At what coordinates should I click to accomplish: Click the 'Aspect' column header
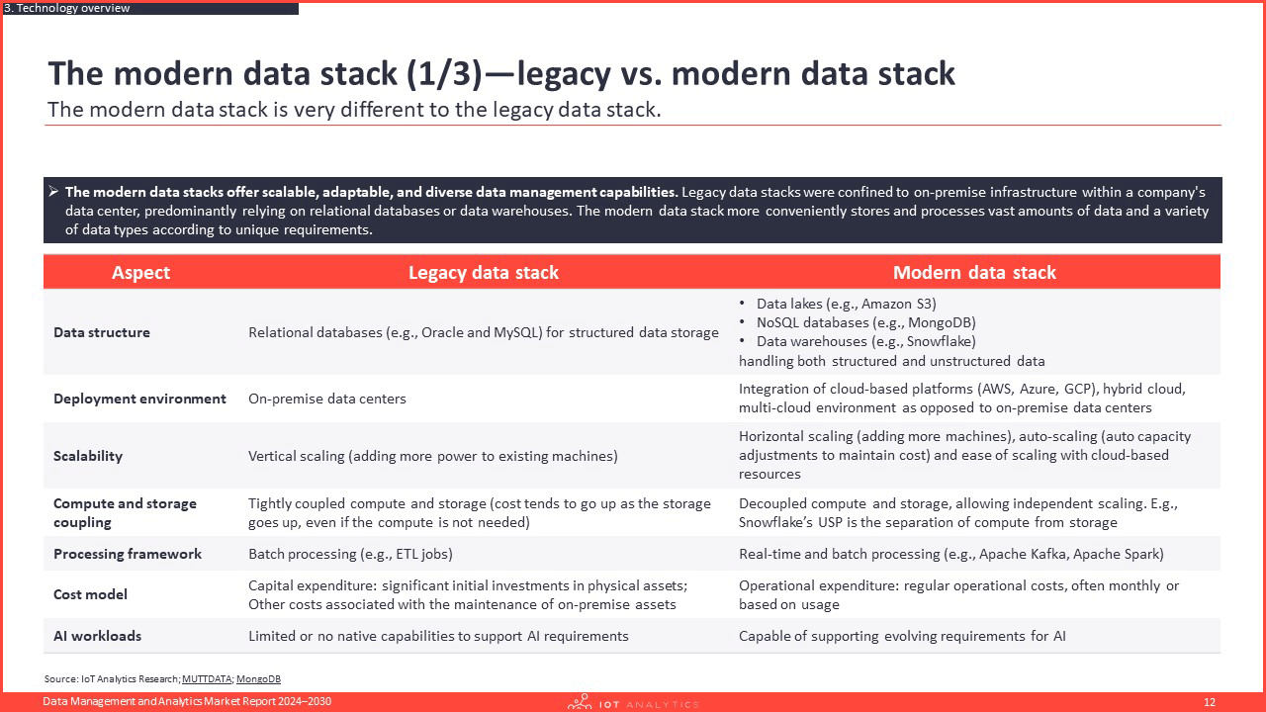(140, 272)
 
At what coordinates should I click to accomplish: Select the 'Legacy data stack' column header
(484, 272)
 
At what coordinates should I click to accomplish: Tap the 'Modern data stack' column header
(974, 272)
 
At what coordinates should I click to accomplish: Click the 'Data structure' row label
(102, 332)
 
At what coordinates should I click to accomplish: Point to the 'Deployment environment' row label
(139, 399)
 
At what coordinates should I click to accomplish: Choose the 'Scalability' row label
(88, 456)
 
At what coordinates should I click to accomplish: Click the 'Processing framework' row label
(128, 554)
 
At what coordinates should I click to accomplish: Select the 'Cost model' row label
(90, 594)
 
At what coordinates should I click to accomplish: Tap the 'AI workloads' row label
(97, 636)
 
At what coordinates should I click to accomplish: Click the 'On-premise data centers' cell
(327, 399)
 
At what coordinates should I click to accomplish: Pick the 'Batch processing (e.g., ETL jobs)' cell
(350, 554)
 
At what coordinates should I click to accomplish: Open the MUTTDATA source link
(207, 678)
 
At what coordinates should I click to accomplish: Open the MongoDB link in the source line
(258, 678)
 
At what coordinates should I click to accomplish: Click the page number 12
(1209, 702)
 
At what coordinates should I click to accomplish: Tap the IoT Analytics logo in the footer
(633, 702)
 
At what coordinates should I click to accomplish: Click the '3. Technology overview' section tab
(66, 8)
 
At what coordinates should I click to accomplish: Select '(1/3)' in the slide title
(444, 73)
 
